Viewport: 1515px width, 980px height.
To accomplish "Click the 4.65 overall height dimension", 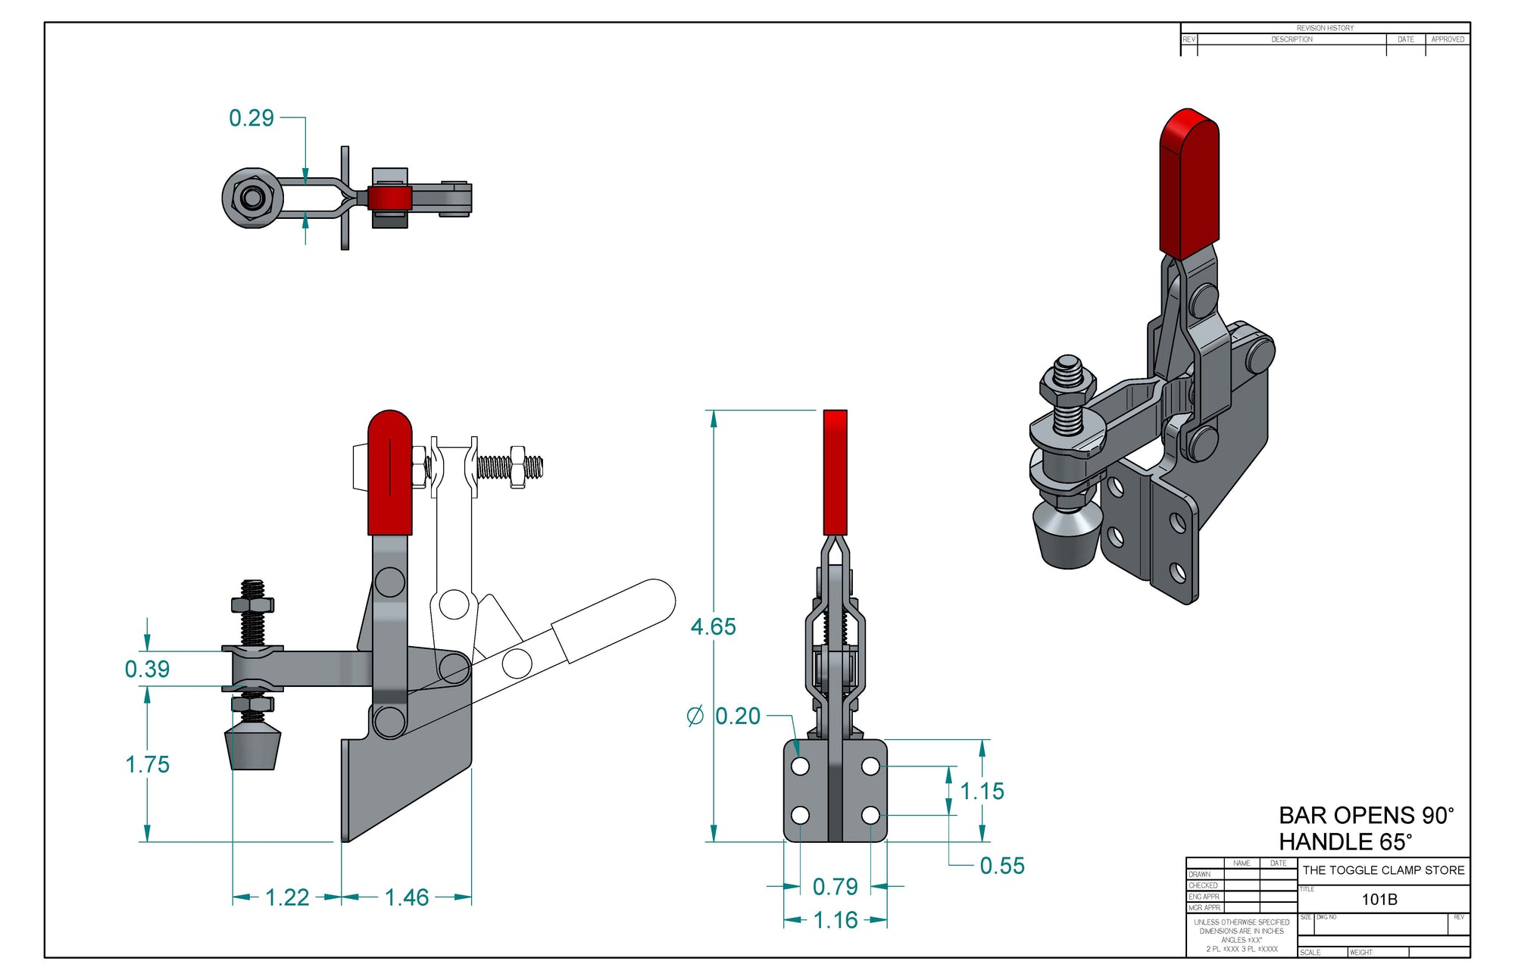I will click(x=713, y=627).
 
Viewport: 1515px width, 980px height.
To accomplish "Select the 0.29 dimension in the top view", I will click(x=251, y=118).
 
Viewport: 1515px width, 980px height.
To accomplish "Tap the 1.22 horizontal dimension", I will click(x=287, y=897).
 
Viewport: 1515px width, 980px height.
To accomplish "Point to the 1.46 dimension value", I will click(x=407, y=897).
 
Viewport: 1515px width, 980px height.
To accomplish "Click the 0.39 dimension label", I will click(x=147, y=669).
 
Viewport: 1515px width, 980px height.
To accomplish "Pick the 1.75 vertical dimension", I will click(x=147, y=764).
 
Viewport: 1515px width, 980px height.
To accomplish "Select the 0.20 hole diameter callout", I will click(x=736, y=716).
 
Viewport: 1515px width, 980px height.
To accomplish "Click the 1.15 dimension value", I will click(x=982, y=791).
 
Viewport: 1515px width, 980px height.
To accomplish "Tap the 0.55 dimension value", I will click(x=1002, y=866).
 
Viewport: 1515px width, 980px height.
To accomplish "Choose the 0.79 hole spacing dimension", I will click(x=835, y=887).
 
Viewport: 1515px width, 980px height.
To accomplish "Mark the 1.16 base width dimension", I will click(x=835, y=920).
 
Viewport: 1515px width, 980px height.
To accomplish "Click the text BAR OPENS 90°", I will click(x=1366, y=816).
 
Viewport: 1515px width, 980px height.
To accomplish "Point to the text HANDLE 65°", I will click(x=1345, y=842).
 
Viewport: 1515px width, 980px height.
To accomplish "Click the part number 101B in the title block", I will click(x=1379, y=900).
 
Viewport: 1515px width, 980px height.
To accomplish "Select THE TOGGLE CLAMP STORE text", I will click(x=1383, y=870).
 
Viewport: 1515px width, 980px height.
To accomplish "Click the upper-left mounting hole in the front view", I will click(x=800, y=766).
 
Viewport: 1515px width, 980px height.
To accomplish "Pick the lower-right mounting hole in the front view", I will click(x=870, y=816).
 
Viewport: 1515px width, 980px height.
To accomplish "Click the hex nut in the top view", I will click(x=251, y=198).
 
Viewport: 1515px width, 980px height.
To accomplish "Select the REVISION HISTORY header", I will click(x=1325, y=28).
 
